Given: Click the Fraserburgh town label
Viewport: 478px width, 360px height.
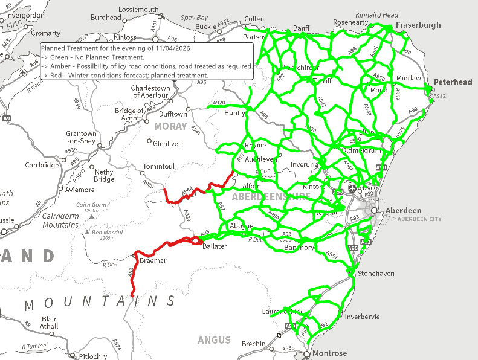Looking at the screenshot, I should [418, 25].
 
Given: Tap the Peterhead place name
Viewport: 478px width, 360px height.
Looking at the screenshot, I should [453, 82].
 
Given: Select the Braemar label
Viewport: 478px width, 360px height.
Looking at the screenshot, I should [153, 260].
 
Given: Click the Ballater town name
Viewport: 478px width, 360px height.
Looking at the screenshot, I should [215, 247].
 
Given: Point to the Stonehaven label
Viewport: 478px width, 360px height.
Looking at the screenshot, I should [376, 274].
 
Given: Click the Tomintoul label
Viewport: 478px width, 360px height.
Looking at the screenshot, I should [159, 166].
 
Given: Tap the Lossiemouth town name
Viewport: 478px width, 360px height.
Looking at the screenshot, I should [139, 10].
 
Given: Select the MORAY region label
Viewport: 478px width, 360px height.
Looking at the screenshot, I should [170, 126].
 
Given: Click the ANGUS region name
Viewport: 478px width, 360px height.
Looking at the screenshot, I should [214, 340].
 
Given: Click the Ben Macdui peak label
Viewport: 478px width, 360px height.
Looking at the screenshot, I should [108, 233].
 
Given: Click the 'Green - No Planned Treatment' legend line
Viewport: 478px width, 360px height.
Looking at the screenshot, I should [97, 57].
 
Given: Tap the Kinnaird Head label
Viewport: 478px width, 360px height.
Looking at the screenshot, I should [377, 15].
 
